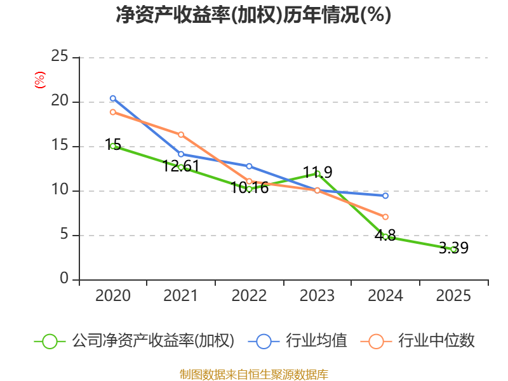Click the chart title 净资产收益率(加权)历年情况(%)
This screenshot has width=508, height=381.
(253, 15)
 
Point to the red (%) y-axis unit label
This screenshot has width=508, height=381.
(40, 81)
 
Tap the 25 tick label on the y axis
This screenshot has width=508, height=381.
(60, 57)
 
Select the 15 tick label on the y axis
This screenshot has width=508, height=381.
(60, 146)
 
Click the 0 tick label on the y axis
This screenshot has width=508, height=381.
(64, 279)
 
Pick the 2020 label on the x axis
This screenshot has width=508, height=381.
(113, 296)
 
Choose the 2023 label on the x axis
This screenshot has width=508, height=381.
(317, 296)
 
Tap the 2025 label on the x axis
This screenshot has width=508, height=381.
(453, 296)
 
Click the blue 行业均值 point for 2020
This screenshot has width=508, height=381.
(113, 98)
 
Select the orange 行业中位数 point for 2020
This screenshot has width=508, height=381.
(113, 112)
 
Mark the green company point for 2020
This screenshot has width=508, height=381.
(113, 146)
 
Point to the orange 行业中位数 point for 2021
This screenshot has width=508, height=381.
(181, 135)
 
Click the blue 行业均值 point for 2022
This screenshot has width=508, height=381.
(249, 166)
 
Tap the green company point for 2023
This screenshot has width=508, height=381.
(317, 173)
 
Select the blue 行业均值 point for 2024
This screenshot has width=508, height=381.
(385, 196)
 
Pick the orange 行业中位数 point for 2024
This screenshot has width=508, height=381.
(385, 217)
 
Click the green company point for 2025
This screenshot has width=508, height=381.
(453, 250)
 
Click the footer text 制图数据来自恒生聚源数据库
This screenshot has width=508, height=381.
(253, 374)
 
